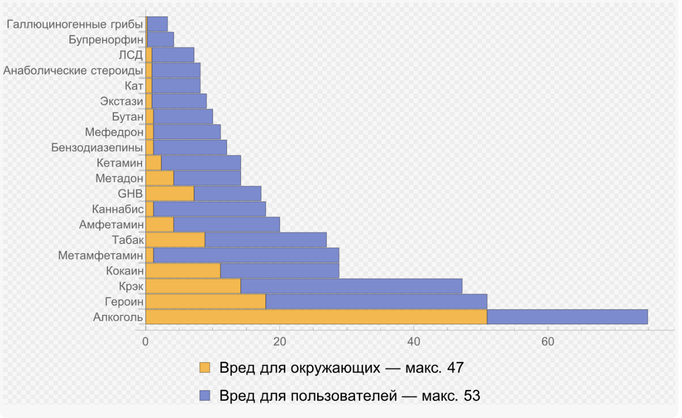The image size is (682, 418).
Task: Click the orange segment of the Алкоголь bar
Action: [x=316, y=317]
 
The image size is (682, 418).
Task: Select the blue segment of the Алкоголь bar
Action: [x=567, y=317]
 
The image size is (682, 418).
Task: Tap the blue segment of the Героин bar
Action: [x=376, y=301]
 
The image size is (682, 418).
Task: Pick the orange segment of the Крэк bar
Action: [x=193, y=286]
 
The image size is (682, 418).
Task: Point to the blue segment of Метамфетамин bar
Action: [x=246, y=255]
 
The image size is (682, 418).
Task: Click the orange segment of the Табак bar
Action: [x=175, y=240]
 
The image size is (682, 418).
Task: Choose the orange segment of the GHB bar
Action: [x=169, y=194]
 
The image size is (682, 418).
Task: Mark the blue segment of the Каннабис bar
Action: [x=209, y=209]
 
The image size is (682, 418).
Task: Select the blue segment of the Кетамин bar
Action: [x=201, y=163]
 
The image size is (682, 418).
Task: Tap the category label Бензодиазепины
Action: [x=97, y=148]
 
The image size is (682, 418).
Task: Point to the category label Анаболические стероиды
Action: [x=73, y=70]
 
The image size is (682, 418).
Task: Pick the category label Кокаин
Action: [x=124, y=270]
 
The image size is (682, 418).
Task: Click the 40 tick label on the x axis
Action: [x=414, y=342]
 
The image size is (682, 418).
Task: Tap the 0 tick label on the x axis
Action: [x=146, y=342]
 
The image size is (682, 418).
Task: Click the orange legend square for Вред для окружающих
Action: [x=205, y=368]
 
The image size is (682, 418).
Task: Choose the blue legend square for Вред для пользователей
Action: [x=205, y=396]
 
